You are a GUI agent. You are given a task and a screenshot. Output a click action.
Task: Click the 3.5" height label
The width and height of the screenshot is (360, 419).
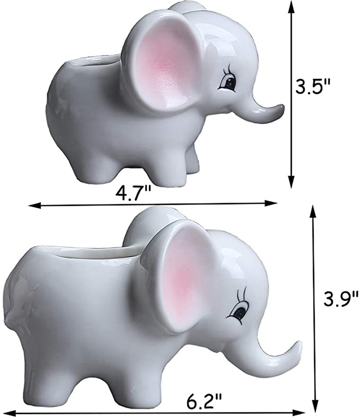point(313,86)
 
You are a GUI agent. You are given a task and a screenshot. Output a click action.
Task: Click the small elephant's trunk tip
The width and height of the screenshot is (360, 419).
point(280,111)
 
